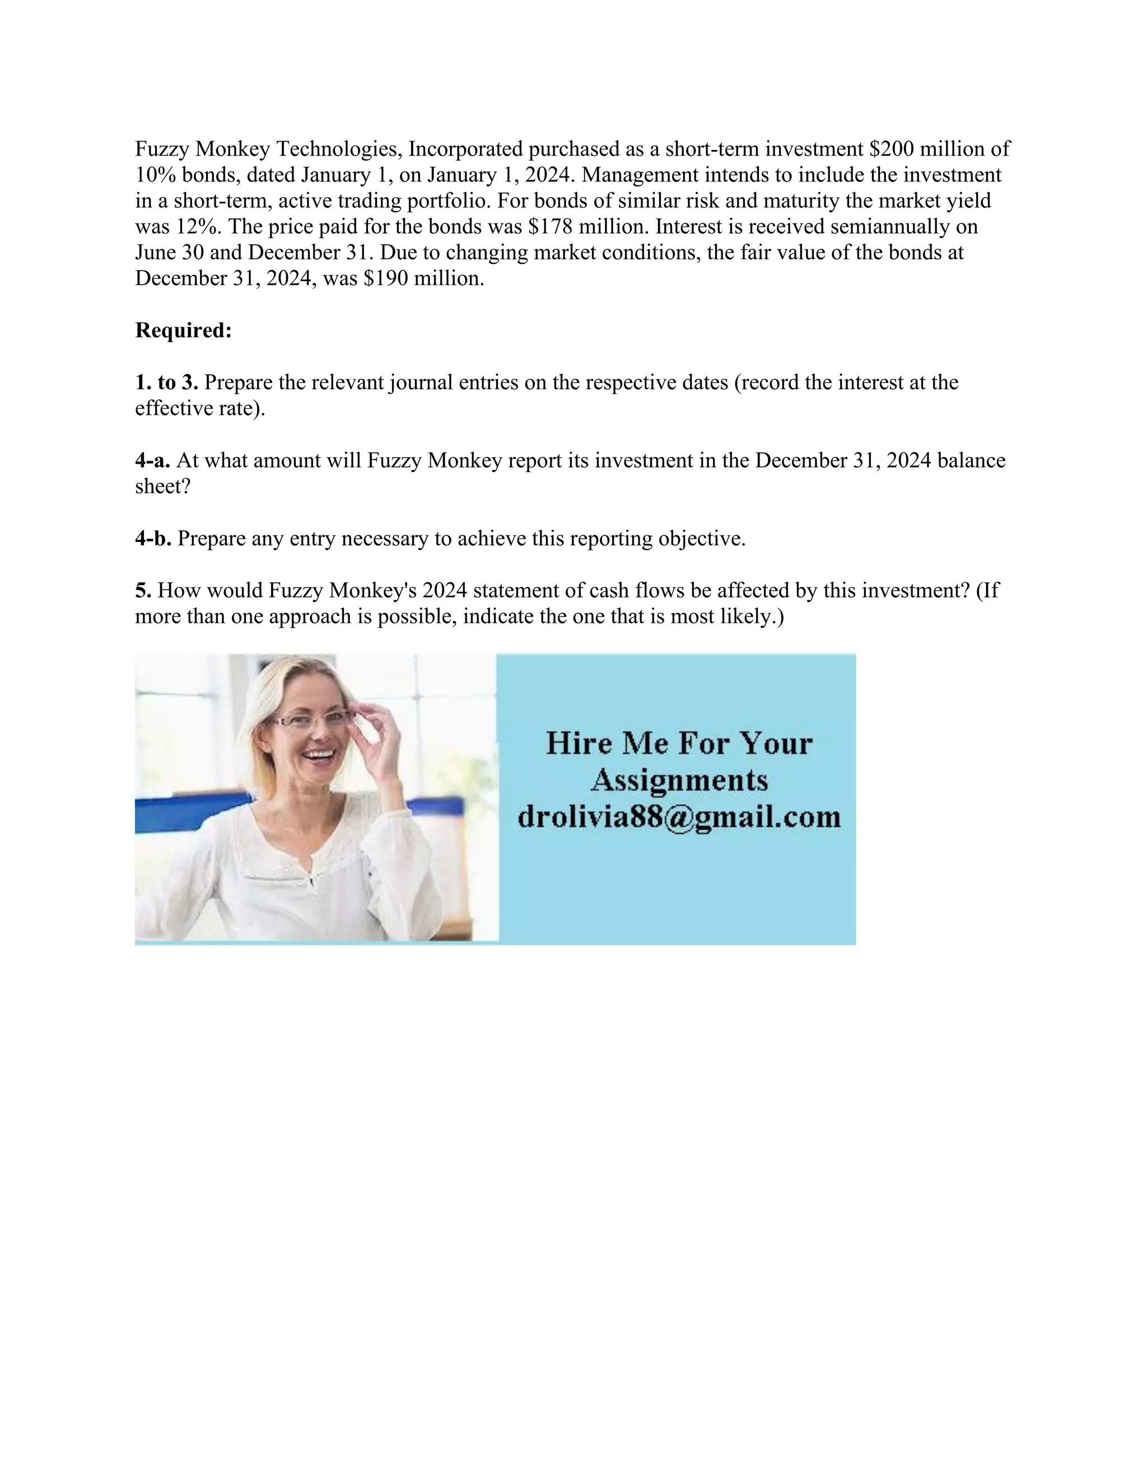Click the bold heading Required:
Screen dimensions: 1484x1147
pyautogui.click(x=184, y=331)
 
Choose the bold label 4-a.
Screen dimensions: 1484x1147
pyautogui.click(x=153, y=461)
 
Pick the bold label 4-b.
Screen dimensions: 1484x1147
pyautogui.click(x=153, y=539)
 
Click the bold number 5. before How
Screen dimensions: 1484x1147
pyautogui.click(x=143, y=590)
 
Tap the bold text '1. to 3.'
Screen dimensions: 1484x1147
pyautogui.click(x=166, y=383)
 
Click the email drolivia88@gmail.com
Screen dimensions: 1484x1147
pyautogui.click(x=679, y=816)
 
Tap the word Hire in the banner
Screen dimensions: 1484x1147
pyautogui.click(x=580, y=743)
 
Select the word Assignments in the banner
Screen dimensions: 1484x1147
pyautogui.click(x=679, y=780)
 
